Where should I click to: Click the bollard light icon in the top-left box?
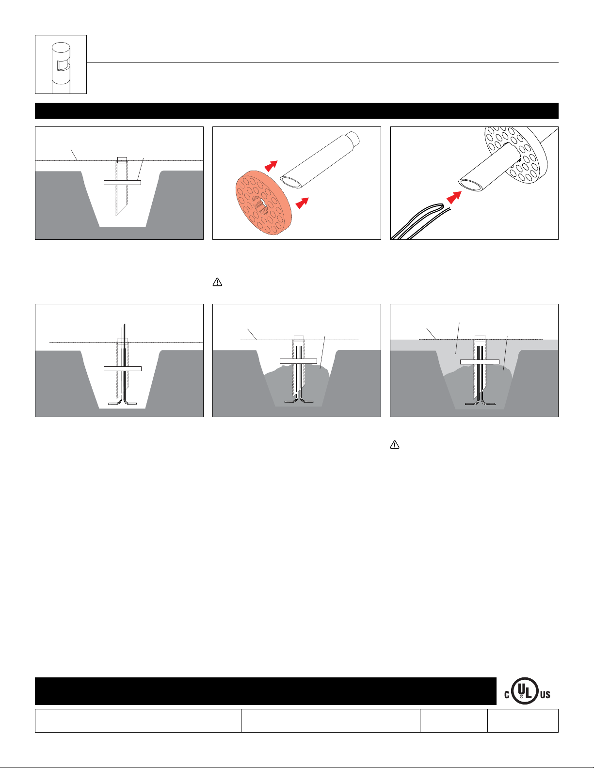click(61, 68)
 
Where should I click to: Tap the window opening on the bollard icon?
click(63, 66)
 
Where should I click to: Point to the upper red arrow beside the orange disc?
click(271, 166)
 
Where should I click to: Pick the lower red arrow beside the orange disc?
click(302, 203)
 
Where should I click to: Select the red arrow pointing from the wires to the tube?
click(454, 197)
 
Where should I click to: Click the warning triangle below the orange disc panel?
click(217, 282)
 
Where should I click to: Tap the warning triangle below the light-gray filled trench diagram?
click(395, 445)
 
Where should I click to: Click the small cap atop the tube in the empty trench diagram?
click(122, 160)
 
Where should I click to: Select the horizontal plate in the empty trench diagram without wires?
click(122, 183)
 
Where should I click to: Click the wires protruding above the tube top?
click(122, 332)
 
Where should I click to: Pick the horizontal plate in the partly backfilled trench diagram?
click(298, 361)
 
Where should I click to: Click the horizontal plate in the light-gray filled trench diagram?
click(480, 362)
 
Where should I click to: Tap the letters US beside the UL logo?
click(545, 695)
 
